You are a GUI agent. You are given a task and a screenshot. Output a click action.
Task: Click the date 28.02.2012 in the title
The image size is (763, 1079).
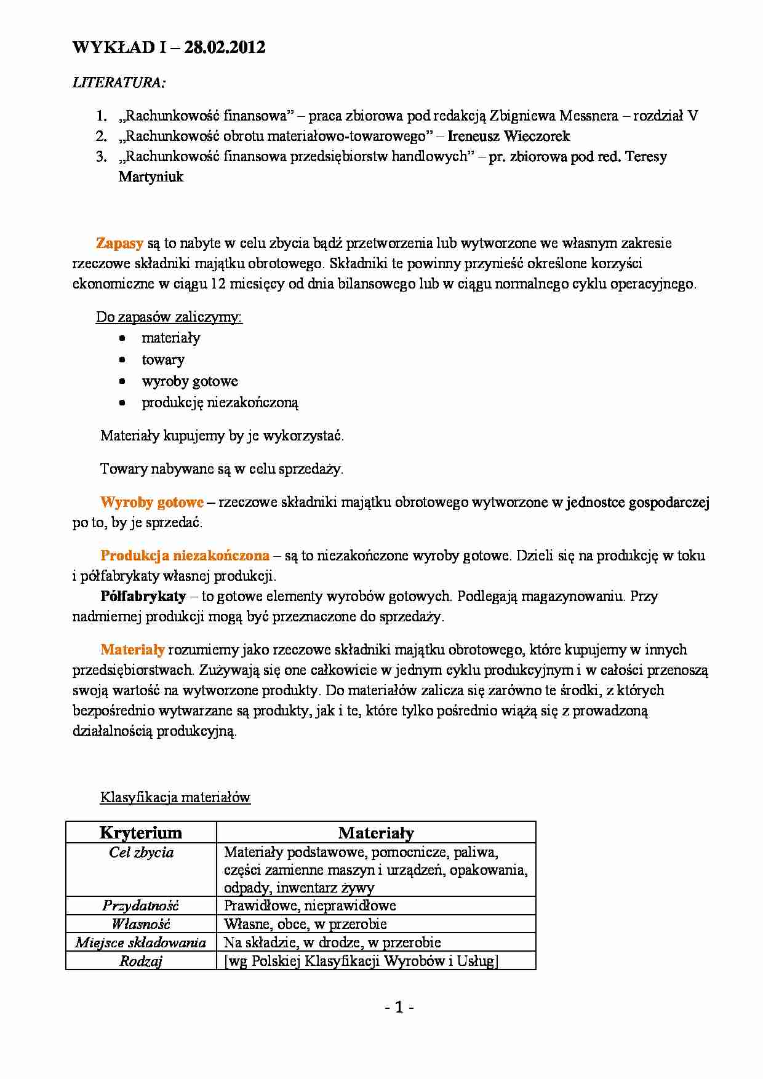click(225, 48)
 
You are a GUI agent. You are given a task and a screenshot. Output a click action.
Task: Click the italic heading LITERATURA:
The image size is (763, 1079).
click(119, 82)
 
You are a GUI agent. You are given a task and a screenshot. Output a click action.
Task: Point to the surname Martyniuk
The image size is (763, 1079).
click(151, 177)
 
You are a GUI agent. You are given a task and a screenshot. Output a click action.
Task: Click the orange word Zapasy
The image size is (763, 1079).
click(119, 243)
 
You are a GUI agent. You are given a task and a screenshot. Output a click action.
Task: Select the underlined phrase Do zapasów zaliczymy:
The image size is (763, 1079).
click(169, 317)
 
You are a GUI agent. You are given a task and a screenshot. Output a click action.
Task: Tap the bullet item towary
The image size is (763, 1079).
click(163, 360)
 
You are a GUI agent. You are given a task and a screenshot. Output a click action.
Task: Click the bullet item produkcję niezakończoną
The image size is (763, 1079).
click(220, 403)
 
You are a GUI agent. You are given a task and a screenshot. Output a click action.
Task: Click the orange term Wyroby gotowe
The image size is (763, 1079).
click(151, 503)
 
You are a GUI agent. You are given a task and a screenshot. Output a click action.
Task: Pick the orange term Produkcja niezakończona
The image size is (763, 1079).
click(185, 556)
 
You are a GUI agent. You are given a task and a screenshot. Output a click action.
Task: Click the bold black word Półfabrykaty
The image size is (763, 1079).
click(143, 596)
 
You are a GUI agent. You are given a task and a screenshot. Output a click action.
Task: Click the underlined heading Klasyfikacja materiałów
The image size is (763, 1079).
click(175, 798)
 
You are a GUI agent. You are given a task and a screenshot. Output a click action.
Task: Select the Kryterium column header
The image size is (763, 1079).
click(141, 833)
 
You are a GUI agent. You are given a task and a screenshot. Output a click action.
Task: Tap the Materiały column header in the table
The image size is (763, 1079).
click(376, 833)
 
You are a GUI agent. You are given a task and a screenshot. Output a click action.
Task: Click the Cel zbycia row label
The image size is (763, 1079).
click(141, 853)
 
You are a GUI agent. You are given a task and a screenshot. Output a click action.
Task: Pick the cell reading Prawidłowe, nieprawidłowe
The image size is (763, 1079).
click(310, 906)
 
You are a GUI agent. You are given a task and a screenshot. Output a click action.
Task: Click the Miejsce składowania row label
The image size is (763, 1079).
click(140, 942)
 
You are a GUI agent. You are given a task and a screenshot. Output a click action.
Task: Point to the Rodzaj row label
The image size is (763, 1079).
click(140, 961)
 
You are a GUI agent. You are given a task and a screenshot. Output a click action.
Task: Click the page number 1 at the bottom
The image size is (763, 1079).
click(399, 1008)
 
